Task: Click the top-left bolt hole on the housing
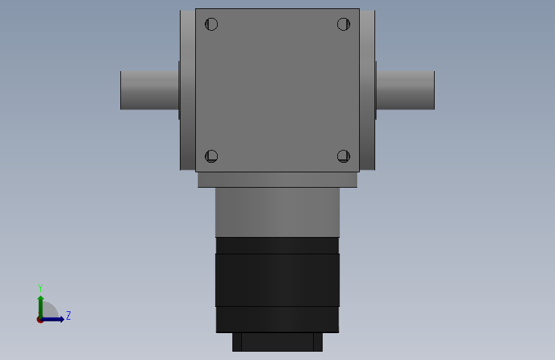pos(212,25)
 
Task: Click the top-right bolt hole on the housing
pos(344,25)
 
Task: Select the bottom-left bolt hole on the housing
pos(212,156)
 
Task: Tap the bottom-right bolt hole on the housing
pos(344,156)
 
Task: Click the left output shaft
pos(149,90)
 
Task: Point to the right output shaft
pos(405,90)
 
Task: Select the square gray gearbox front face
pos(277,90)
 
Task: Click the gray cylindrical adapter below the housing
pos(277,212)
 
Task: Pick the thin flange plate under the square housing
pos(277,179)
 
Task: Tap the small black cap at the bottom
pos(277,341)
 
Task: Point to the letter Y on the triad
pos(40,288)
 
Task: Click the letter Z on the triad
pos(68,316)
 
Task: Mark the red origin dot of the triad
pos(40,320)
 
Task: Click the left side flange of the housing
pos(188,90)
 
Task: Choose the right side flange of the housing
pos(367,90)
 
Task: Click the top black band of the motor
pos(277,245)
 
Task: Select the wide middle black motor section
pos(277,280)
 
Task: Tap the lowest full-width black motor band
pos(277,319)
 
